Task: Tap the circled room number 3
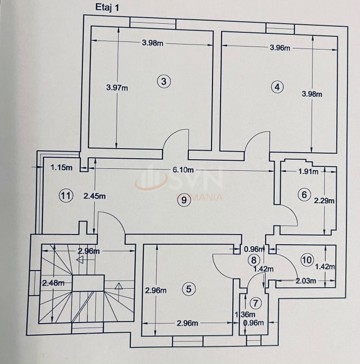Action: click(164, 81)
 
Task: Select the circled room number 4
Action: click(276, 86)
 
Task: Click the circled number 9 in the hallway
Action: click(183, 201)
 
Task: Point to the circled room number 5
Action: click(188, 289)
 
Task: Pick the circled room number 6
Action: click(303, 194)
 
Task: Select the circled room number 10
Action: click(306, 260)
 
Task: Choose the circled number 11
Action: click(64, 195)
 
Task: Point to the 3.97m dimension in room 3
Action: click(117, 87)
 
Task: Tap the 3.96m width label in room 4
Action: click(280, 49)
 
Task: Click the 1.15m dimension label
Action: click(61, 167)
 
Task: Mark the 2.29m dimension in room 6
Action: click(324, 200)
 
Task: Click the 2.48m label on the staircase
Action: click(53, 283)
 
